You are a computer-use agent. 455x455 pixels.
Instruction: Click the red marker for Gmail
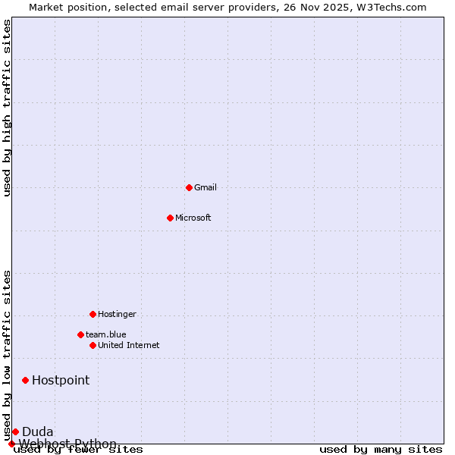(189, 187)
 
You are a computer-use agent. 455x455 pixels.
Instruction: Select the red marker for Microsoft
(170, 218)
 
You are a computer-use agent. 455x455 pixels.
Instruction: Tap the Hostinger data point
(93, 314)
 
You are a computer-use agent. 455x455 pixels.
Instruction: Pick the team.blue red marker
(80, 334)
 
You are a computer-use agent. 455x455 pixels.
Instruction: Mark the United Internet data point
(93, 345)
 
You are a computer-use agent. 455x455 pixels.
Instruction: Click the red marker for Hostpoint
(25, 380)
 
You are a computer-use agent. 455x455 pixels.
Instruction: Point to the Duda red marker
(15, 431)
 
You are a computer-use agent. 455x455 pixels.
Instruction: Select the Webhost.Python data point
(11, 444)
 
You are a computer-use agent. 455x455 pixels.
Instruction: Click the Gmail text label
(206, 187)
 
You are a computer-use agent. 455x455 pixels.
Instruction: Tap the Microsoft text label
(193, 218)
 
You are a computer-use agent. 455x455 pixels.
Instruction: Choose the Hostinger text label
(117, 314)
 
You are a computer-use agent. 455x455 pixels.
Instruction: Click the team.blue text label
(106, 334)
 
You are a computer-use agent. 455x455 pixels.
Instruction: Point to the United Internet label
(129, 345)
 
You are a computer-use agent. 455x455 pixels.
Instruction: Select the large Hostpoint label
(61, 380)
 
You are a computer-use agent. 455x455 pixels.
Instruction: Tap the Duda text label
(38, 431)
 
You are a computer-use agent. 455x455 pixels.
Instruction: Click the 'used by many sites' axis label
(381, 450)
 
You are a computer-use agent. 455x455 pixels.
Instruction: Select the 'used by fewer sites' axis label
(78, 450)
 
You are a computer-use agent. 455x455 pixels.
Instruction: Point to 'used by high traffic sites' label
(7, 108)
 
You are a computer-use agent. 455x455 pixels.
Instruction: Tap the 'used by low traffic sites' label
(7, 355)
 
